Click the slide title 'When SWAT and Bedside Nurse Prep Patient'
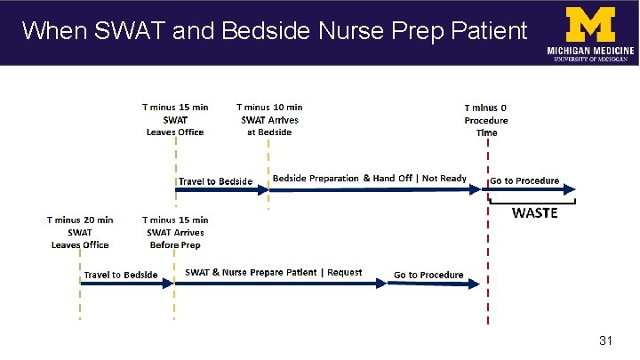pos(274,31)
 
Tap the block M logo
pos(591,24)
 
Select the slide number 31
pos(608,340)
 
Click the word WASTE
pos(534,213)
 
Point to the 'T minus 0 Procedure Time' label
pos(486,120)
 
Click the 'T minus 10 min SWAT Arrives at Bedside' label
pos(269,120)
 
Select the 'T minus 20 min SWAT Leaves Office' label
pos(80,232)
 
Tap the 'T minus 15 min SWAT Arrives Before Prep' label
pos(175,232)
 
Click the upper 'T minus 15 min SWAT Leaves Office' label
pos(175,120)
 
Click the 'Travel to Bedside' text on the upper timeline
pos(215,181)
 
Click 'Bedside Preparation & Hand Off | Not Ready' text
pos(369,179)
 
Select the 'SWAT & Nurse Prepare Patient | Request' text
pos(273,272)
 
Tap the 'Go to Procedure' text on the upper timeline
pos(524,180)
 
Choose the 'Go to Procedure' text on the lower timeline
pos(428,275)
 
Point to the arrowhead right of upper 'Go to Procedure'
pos(570,188)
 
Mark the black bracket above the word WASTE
pos(534,202)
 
